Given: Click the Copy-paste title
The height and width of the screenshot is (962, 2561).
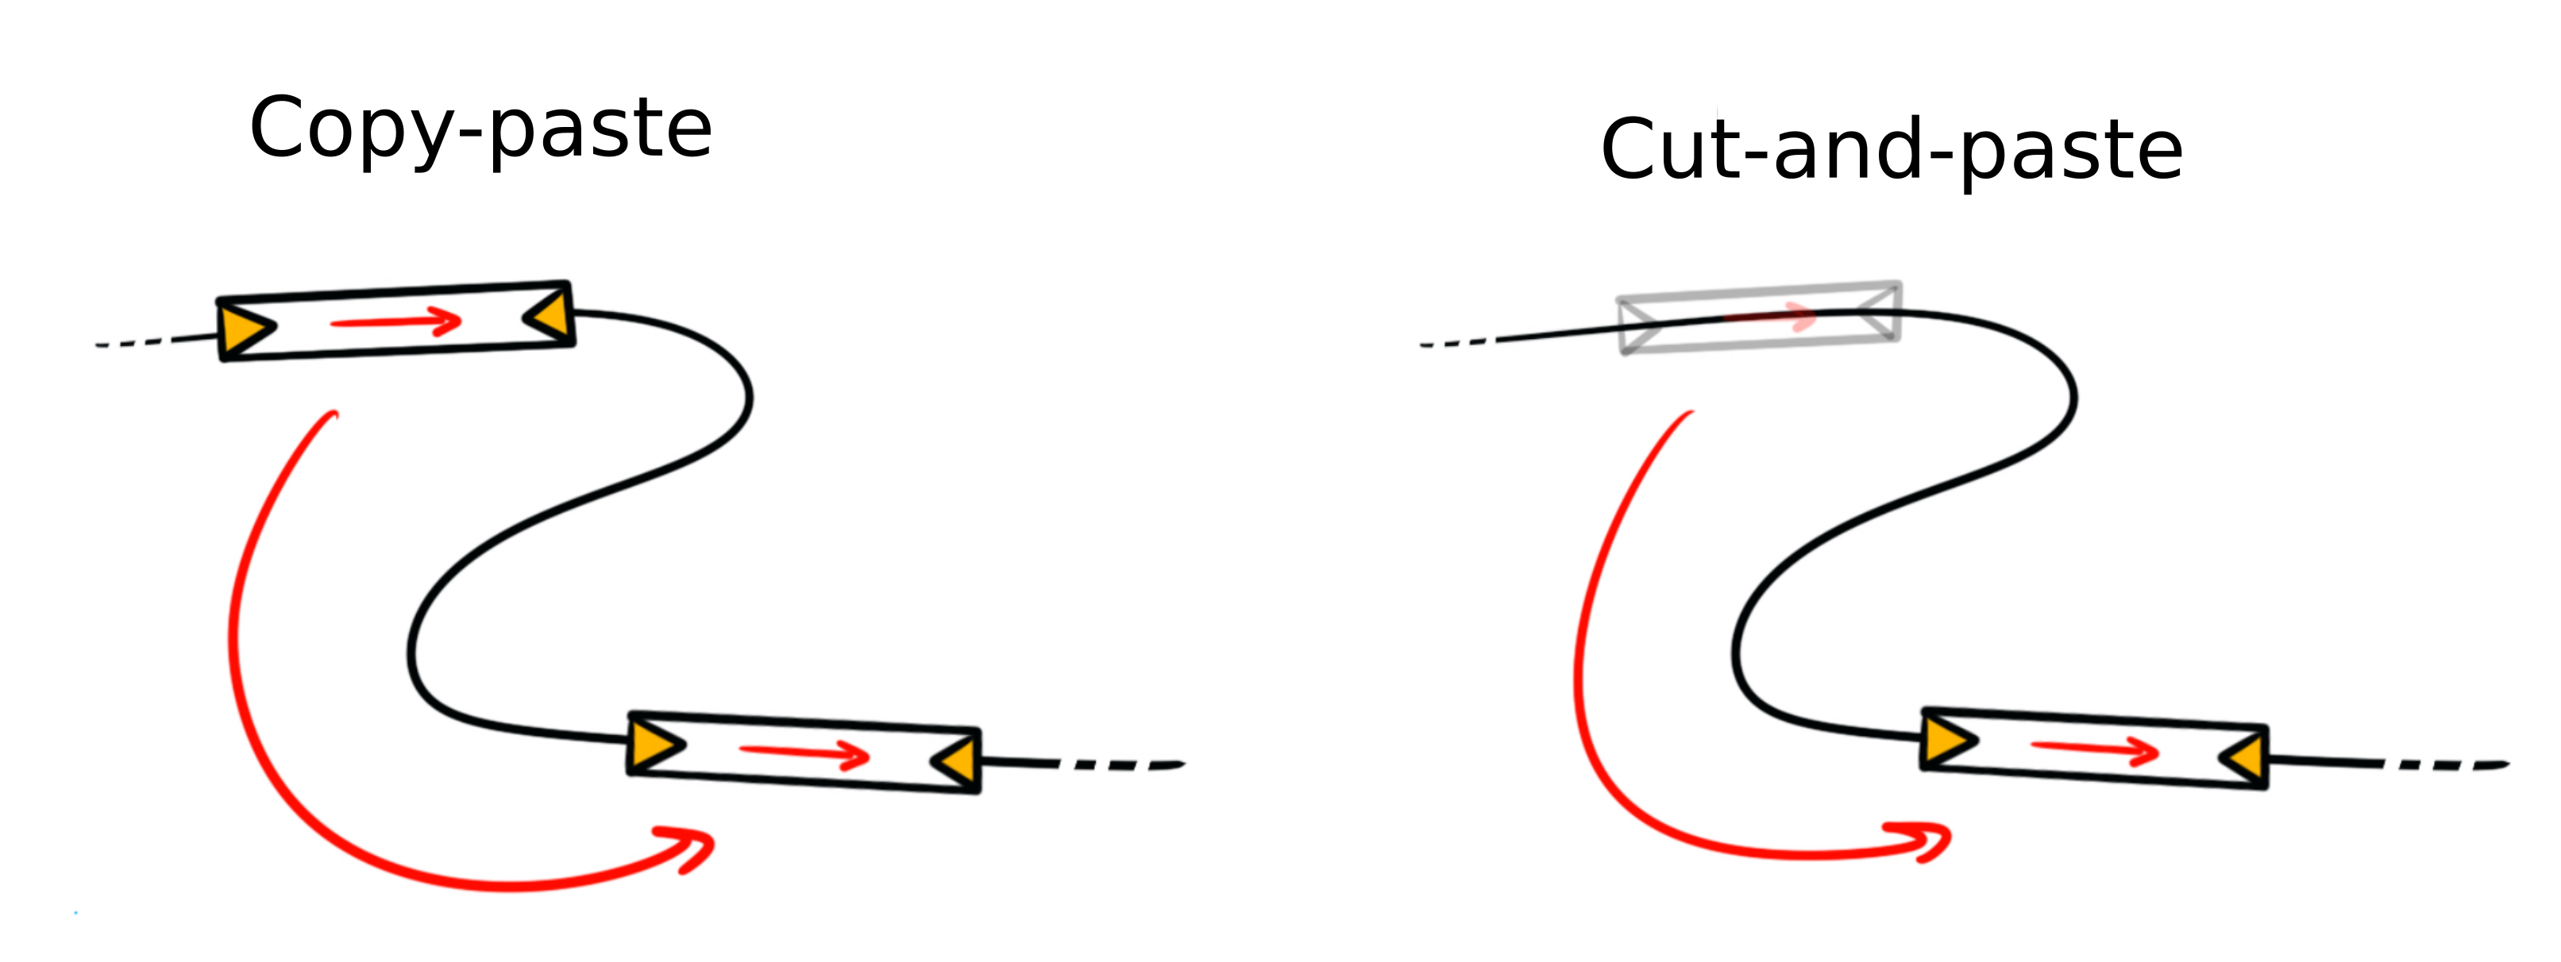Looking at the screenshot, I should point(480,129).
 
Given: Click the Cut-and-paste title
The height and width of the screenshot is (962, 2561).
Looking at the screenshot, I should point(1891,150).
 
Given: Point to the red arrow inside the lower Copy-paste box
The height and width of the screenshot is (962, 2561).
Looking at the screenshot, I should point(804,754).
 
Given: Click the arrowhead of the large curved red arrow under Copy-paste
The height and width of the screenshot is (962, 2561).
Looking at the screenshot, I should point(696,848).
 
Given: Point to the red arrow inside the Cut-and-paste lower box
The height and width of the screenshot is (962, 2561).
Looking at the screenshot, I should point(2095,750).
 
